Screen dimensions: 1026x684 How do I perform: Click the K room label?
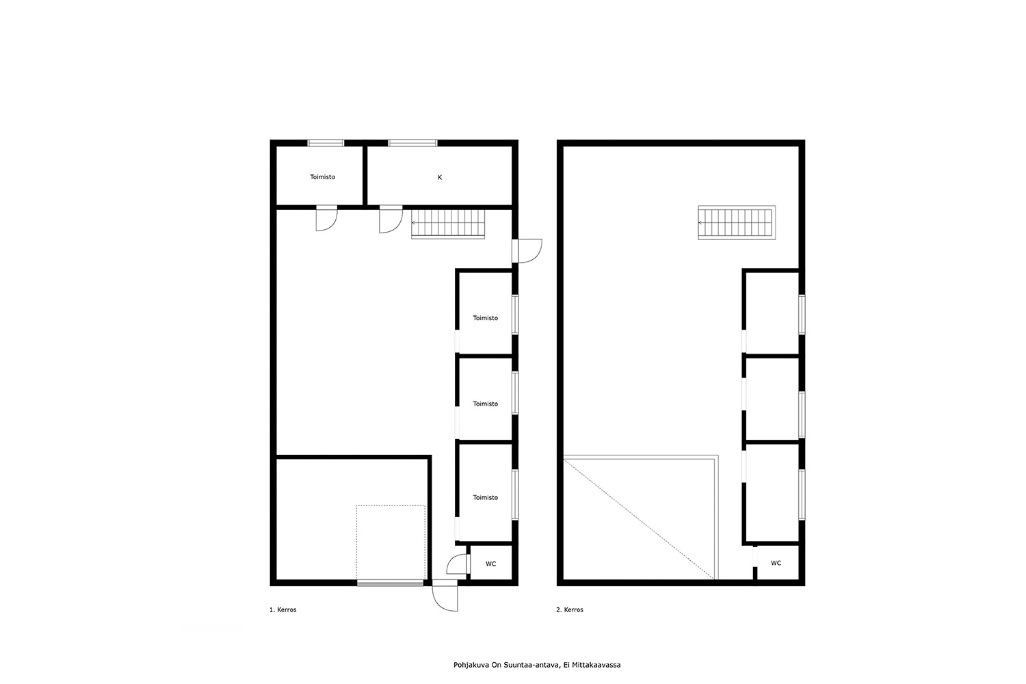(x=440, y=177)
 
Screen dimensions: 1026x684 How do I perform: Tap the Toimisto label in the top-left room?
(x=322, y=177)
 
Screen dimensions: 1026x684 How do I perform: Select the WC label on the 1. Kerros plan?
(x=490, y=564)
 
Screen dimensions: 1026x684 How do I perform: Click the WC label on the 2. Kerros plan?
(x=776, y=563)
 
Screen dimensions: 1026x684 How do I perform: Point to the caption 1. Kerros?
(x=282, y=609)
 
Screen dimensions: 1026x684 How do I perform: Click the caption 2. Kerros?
(x=569, y=609)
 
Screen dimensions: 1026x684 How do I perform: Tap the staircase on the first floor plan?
(x=447, y=224)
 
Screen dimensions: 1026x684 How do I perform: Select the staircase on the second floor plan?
(x=737, y=223)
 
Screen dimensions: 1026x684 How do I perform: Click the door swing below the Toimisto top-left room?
(x=326, y=219)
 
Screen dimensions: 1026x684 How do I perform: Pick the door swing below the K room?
(x=391, y=220)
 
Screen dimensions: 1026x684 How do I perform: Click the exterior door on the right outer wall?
(x=527, y=250)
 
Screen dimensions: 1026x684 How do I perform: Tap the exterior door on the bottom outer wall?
(x=445, y=596)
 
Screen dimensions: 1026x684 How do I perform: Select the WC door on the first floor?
(x=458, y=564)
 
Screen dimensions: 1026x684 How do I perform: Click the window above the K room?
(x=412, y=143)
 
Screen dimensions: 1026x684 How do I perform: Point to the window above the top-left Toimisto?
(x=326, y=143)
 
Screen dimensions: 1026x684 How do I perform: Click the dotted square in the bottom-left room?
(x=391, y=542)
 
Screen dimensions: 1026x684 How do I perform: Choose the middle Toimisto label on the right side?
(x=486, y=404)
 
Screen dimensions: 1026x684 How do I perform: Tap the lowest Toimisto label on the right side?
(x=486, y=497)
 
